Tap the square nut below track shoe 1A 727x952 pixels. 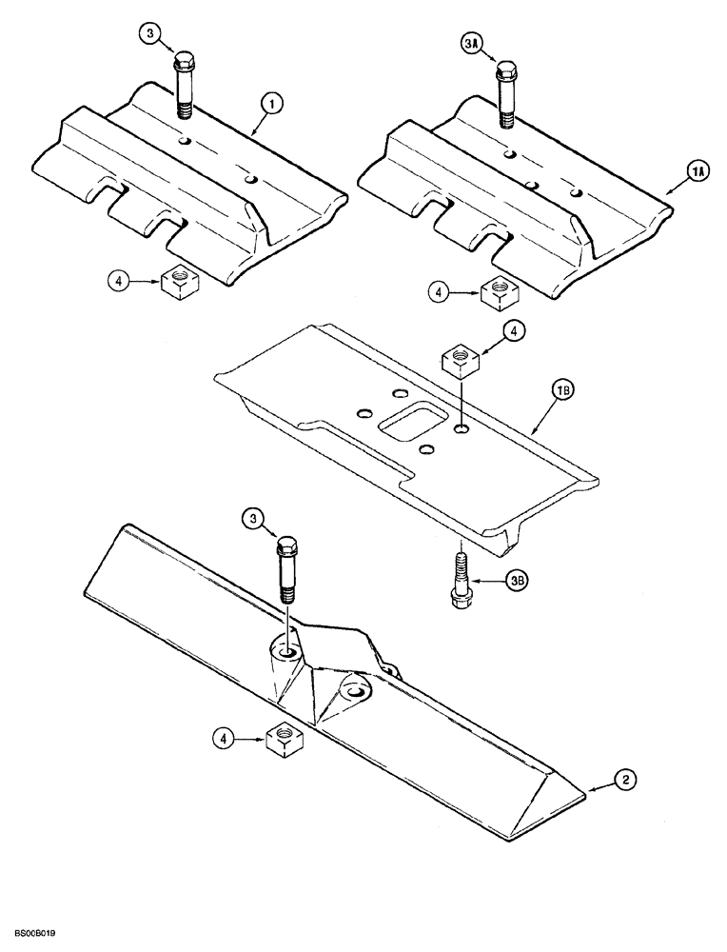(x=496, y=293)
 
